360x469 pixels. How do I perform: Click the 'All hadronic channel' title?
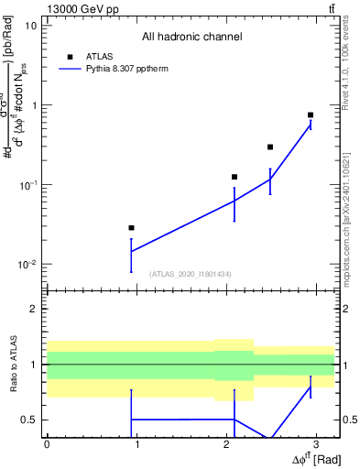[191, 38]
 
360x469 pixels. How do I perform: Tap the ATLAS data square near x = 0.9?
[131, 227]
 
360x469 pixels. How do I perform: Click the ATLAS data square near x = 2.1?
[235, 177]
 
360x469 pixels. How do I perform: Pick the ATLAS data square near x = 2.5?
[270, 147]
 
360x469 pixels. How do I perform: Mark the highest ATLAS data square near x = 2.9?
[311, 115]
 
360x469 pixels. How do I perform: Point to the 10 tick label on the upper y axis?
[30, 25]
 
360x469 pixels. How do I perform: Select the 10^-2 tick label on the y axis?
[27, 265]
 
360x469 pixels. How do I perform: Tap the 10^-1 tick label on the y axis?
[27, 185]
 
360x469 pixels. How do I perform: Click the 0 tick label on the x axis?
[47, 443]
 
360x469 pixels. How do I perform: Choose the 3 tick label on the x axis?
[316, 443]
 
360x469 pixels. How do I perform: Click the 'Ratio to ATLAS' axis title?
[13, 364]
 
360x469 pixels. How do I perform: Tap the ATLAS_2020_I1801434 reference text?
[191, 274]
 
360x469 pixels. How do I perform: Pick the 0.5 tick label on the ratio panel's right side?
[348, 420]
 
